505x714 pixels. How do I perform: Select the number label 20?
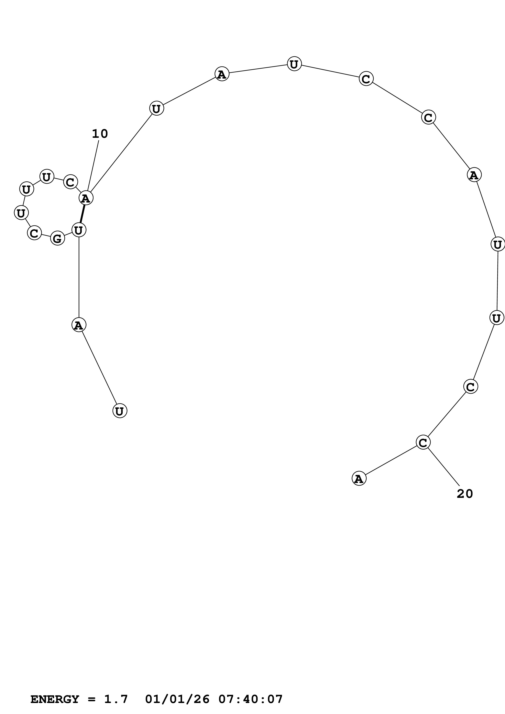464,494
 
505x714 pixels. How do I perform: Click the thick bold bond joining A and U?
83,214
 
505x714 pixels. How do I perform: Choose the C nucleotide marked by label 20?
423,442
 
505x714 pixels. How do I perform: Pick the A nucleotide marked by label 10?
86,198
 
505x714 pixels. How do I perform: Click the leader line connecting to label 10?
93,166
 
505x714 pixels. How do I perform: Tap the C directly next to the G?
35,233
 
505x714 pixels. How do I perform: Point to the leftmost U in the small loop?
21,213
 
